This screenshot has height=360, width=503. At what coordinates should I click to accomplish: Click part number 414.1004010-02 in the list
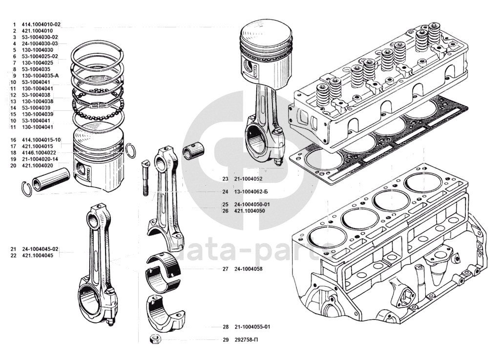point(41,24)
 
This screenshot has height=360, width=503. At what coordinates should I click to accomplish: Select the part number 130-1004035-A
point(40,76)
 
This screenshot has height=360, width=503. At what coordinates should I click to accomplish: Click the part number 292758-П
point(246,339)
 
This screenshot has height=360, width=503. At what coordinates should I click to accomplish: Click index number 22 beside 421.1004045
point(13,255)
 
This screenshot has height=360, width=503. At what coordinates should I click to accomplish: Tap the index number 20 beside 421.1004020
point(13,166)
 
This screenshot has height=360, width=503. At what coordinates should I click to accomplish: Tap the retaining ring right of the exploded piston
point(130,151)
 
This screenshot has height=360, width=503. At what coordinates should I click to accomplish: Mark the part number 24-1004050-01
point(252,204)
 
